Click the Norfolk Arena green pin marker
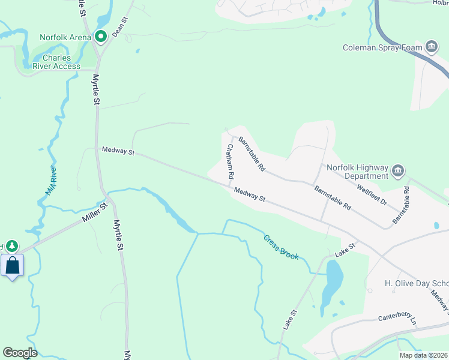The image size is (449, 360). (x=101, y=37)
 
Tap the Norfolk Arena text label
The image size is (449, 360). (x=65, y=37)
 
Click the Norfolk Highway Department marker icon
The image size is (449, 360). (x=397, y=172)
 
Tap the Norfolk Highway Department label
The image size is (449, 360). (x=357, y=172)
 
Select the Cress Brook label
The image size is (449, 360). (x=280, y=247)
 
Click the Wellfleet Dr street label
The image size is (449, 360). (x=371, y=194)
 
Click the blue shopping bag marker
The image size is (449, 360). (x=13, y=265)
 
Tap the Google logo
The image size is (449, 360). (x=20, y=353)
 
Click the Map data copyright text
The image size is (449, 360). (x=424, y=355)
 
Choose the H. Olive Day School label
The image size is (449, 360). (x=416, y=283)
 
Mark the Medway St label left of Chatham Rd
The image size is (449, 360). (x=117, y=151)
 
